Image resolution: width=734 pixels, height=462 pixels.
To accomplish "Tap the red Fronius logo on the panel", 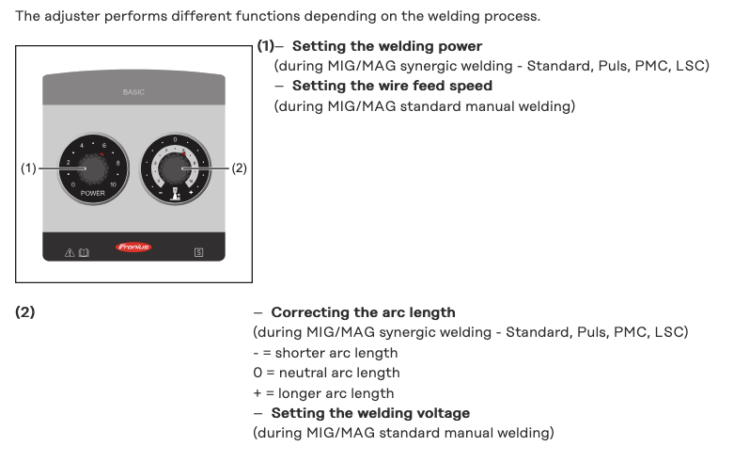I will [133, 247].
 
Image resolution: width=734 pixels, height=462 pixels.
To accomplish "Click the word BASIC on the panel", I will [133, 92].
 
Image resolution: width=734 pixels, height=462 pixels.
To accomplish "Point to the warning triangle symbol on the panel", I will [69, 251].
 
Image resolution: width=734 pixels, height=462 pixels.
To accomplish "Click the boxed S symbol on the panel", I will [198, 251].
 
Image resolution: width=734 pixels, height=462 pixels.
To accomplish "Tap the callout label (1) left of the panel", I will [28, 168].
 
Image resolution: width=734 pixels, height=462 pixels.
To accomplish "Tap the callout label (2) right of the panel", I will [239, 168].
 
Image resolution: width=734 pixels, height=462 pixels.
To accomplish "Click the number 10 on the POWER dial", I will [113, 184].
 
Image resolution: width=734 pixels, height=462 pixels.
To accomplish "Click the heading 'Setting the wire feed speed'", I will [392, 86].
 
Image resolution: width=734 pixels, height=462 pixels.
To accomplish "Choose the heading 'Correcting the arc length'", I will [363, 312].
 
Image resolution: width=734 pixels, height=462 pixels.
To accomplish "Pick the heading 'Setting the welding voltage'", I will [370, 413].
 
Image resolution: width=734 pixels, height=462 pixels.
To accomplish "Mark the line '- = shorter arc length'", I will [325, 353].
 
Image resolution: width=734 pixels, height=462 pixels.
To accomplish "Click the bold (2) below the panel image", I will [25, 312].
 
